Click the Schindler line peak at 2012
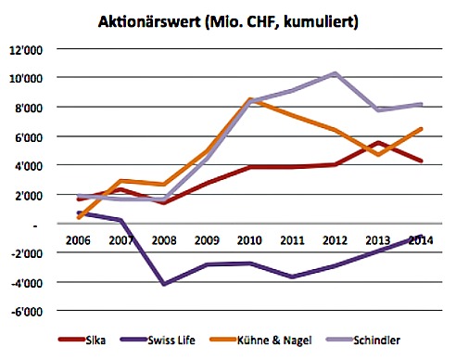(336, 73)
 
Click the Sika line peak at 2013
(378, 143)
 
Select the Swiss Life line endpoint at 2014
(423, 236)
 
